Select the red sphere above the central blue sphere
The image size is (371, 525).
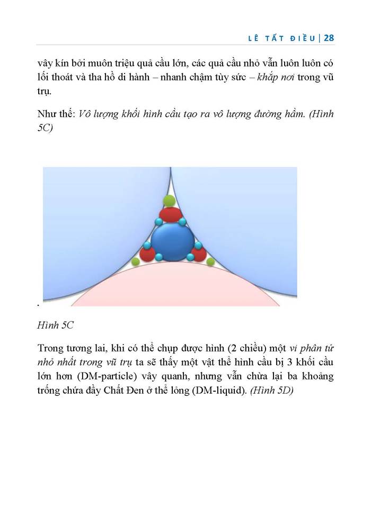pos(171,215)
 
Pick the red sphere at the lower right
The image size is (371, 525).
pos(198,254)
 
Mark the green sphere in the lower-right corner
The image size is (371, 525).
pos(210,261)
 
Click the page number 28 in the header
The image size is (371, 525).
pos(328,38)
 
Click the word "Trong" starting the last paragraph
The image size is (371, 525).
pos(51,349)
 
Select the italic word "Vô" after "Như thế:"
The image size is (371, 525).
pos(84,115)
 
